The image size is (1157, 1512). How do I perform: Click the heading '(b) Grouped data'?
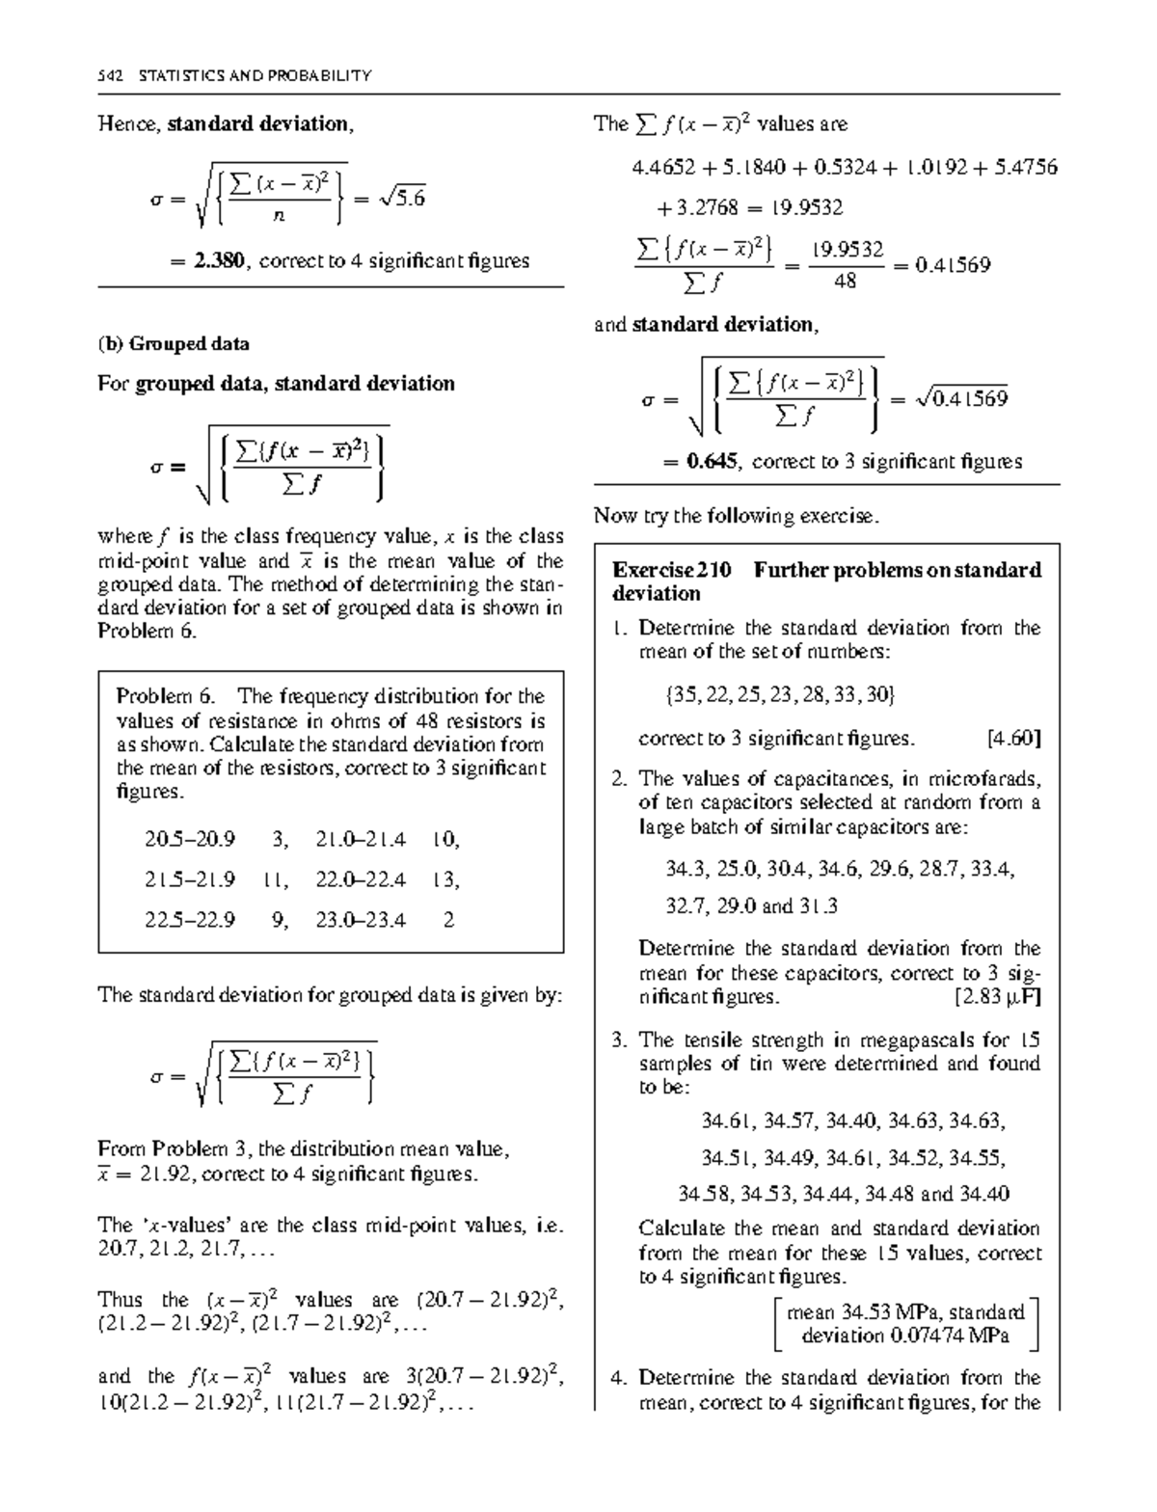pyautogui.click(x=174, y=344)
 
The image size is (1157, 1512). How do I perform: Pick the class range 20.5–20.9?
pyautogui.click(x=190, y=839)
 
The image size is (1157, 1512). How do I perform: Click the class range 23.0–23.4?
pyautogui.click(x=361, y=920)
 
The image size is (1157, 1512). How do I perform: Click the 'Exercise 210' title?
pyautogui.click(x=672, y=570)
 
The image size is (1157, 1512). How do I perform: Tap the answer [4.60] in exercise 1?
pyautogui.click(x=1013, y=739)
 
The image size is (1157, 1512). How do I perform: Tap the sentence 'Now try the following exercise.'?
pyautogui.click(x=737, y=516)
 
